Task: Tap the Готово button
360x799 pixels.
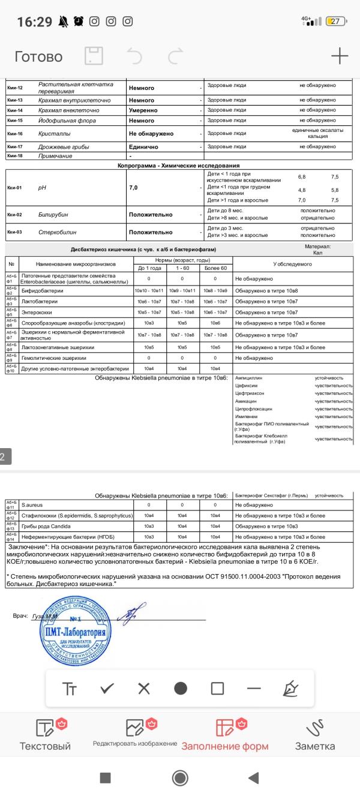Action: click(x=38, y=56)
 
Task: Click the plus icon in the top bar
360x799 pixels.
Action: click(x=340, y=56)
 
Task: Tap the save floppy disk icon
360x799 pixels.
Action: click(x=94, y=56)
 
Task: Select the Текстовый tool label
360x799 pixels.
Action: click(x=46, y=746)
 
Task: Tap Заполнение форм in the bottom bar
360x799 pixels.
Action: click(x=225, y=746)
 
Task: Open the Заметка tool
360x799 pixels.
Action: click(x=314, y=746)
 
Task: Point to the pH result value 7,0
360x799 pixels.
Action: click(x=133, y=188)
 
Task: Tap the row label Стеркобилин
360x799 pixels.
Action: click(x=58, y=232)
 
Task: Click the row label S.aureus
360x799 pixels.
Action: click(x=32, y=505)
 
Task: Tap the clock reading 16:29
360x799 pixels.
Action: click(x=34, y=22)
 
